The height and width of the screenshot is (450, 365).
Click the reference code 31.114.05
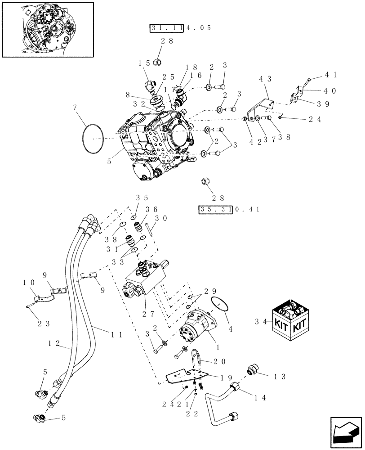pyautogui.click(x=180, y=28)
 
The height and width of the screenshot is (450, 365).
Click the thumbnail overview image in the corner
pyautogui.click(x=48, y=29)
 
